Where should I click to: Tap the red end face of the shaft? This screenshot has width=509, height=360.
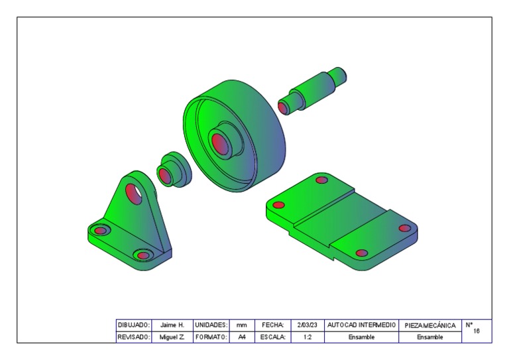284,107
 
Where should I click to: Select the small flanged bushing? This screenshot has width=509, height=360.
174,170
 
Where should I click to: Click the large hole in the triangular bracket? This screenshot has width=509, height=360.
134,194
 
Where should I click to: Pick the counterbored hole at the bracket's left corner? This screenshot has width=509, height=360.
100,231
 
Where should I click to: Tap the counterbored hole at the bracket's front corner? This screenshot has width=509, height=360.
143,255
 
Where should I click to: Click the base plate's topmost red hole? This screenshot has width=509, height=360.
321,180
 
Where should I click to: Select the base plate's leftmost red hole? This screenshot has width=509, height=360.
278,205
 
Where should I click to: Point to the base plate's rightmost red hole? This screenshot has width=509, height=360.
405,228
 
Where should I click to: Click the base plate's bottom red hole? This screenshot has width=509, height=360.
362,253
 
